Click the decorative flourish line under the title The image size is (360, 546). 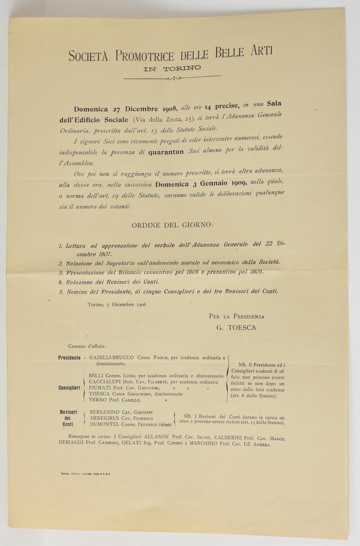pyautogui.click(x=172, y=78)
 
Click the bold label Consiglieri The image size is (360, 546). pyautogui.click(x=69, y=388)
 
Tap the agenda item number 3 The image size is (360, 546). pyautogui.click(x=60, y=272)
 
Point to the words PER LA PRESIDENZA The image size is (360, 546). pyautogui.click(x=236, y=316)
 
